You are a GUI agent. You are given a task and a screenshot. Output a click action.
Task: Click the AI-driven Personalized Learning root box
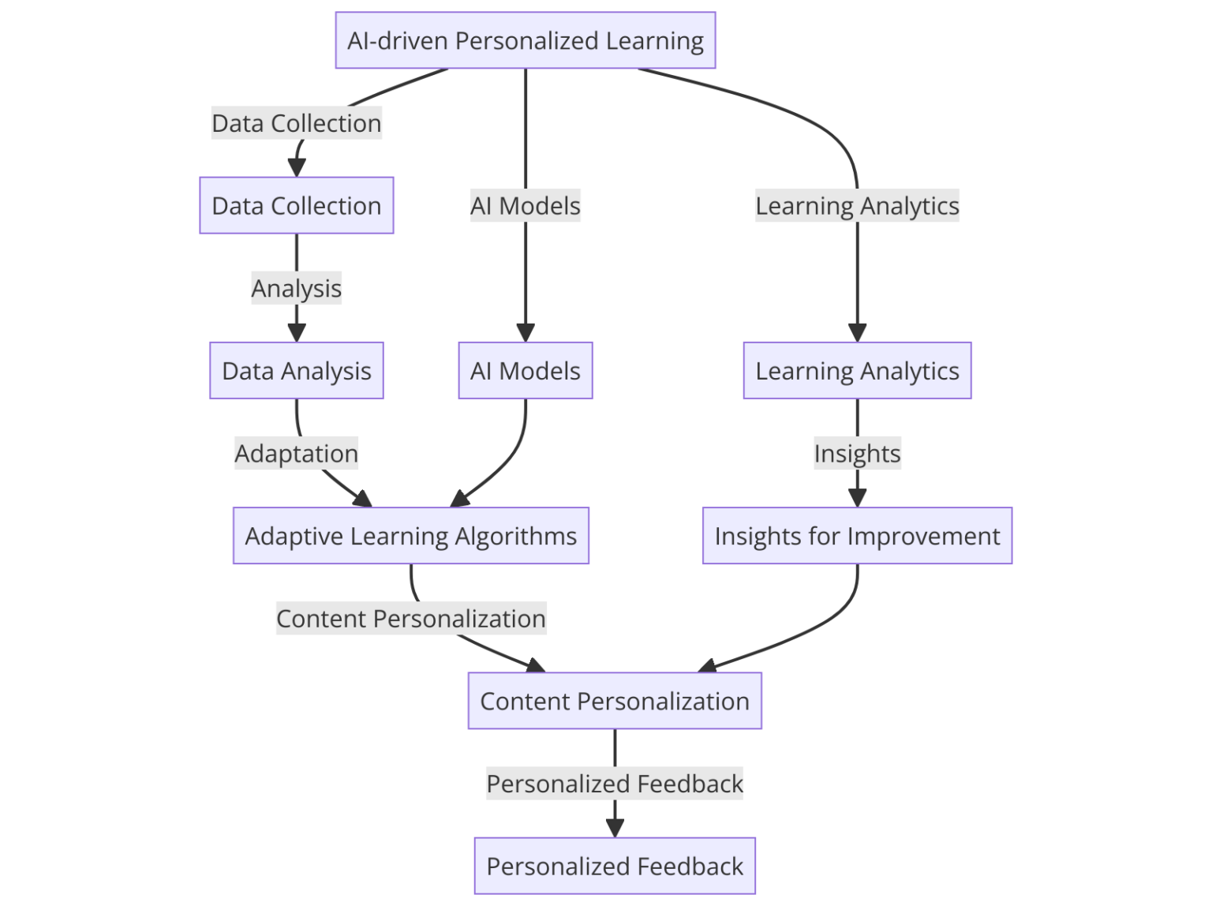coord(525,40)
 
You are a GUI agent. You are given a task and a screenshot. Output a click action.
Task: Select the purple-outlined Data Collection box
coord(296,205)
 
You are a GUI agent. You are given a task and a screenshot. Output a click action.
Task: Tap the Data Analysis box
coord(296,370)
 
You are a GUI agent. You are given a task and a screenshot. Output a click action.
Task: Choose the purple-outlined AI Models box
coord(525,370)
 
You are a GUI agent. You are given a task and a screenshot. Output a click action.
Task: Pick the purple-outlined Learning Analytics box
coord(857,370)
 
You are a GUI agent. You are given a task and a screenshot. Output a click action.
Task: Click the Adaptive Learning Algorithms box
coord(410,535)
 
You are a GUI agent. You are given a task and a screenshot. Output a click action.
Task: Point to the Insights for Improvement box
coord(857,535)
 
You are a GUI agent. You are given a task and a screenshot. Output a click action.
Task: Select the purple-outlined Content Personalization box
coord(614,701)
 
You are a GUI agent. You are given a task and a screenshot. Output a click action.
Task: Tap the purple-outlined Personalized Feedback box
coord(614,866)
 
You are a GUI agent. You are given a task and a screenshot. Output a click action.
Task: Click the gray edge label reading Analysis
coord(296,288)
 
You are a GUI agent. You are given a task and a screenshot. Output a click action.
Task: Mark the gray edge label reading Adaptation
coord(296,453)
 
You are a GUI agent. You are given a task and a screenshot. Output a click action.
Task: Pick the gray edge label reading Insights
coord(857,453)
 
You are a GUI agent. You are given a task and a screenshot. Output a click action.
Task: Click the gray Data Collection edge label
coord(296,123)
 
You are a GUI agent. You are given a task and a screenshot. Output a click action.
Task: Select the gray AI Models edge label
coord(525,205)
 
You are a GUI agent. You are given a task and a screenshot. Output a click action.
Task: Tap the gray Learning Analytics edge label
coord(857,205)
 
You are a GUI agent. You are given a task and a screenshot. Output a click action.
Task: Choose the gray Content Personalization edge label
coord(410,618)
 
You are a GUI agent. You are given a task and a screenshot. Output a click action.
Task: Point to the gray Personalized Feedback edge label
coord(614,783)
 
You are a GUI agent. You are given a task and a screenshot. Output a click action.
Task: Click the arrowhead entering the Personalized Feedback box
coord(615,828)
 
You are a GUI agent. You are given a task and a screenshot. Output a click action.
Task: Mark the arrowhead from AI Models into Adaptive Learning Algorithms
coord(460,499)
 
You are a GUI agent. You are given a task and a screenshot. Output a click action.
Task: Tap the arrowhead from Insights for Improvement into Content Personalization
coord(708,666)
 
